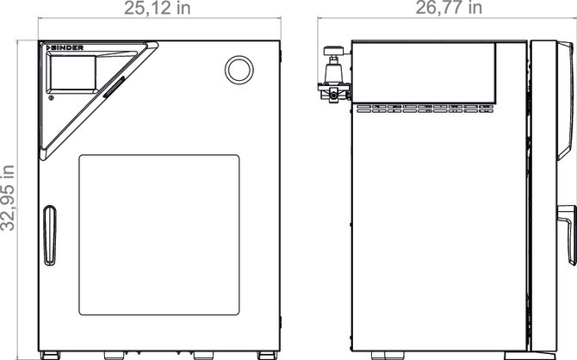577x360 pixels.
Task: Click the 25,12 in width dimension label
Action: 161,9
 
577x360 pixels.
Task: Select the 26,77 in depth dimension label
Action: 450,9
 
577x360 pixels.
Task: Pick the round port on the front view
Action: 237,67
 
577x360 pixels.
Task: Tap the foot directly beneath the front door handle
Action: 50,354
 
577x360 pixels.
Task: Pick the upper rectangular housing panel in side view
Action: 424,69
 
